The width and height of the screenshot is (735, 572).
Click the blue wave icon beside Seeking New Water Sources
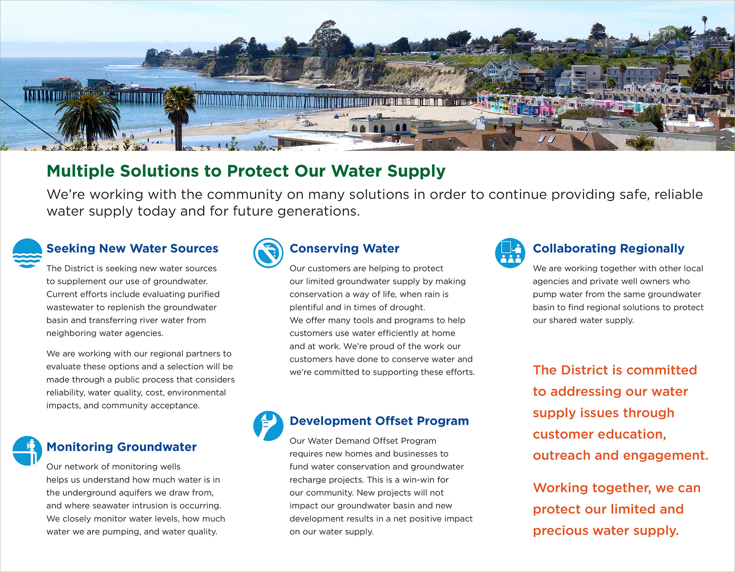(x=27, y=253)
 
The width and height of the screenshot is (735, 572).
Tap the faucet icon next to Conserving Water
(x=268, y=253)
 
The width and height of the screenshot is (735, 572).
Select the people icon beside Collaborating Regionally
(x=510, y=253)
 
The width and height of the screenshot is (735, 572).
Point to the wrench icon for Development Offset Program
(x=268, y=426)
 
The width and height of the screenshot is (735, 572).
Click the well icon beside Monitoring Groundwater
(x=27, y=451)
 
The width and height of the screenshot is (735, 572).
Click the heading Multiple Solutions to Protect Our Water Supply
(x=246, y=171)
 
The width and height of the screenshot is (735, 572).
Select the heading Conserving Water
(x=345, y=248)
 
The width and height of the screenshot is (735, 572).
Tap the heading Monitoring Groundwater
(x=122, y=447)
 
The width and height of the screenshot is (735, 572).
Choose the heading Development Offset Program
(x=379, y=421)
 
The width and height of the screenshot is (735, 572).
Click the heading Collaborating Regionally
(x=609, y=248)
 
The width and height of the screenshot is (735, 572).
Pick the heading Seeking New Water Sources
(x=132, y=248)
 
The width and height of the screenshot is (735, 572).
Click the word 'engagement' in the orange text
(x=666, y=456)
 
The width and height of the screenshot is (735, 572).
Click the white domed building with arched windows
(x=380, y=126)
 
